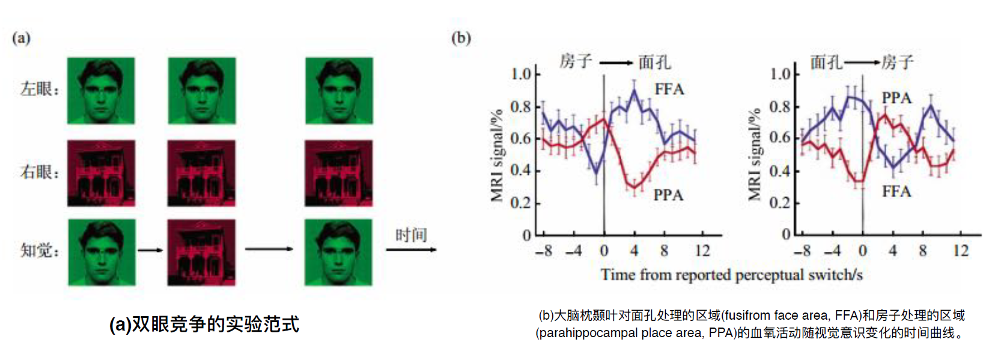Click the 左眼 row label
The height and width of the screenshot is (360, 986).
coord(40,90)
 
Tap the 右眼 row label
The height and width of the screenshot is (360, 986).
coord(40,172)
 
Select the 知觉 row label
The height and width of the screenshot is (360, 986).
coord(40,250)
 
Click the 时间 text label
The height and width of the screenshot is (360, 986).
coord(411,235)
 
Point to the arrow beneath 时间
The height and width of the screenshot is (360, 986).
coord(411,249)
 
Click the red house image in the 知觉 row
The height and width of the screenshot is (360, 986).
coord(201,252)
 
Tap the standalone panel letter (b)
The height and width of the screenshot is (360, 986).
coord(461,38)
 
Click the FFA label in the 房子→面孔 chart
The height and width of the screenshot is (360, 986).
coord(669,90)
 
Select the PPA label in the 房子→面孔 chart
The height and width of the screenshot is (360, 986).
coord(668,195)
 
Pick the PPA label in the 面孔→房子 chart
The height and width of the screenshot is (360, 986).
coord(896,98)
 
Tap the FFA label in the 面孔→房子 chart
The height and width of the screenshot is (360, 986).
coord(896,192)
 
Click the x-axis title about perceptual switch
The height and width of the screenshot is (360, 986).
coord(731,275)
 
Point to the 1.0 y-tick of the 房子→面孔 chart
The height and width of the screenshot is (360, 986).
coord(521,74)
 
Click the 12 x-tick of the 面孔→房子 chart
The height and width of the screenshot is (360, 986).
coord(960,251)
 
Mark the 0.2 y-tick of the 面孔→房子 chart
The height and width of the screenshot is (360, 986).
coord(780,203)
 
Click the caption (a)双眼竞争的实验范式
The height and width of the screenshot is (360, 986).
coord(204,325)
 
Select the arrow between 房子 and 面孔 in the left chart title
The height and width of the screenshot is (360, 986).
coord(615,63)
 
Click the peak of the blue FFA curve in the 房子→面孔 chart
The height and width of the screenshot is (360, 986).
coord(634,91)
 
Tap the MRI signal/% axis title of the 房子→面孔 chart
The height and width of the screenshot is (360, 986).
coord(497,156)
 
